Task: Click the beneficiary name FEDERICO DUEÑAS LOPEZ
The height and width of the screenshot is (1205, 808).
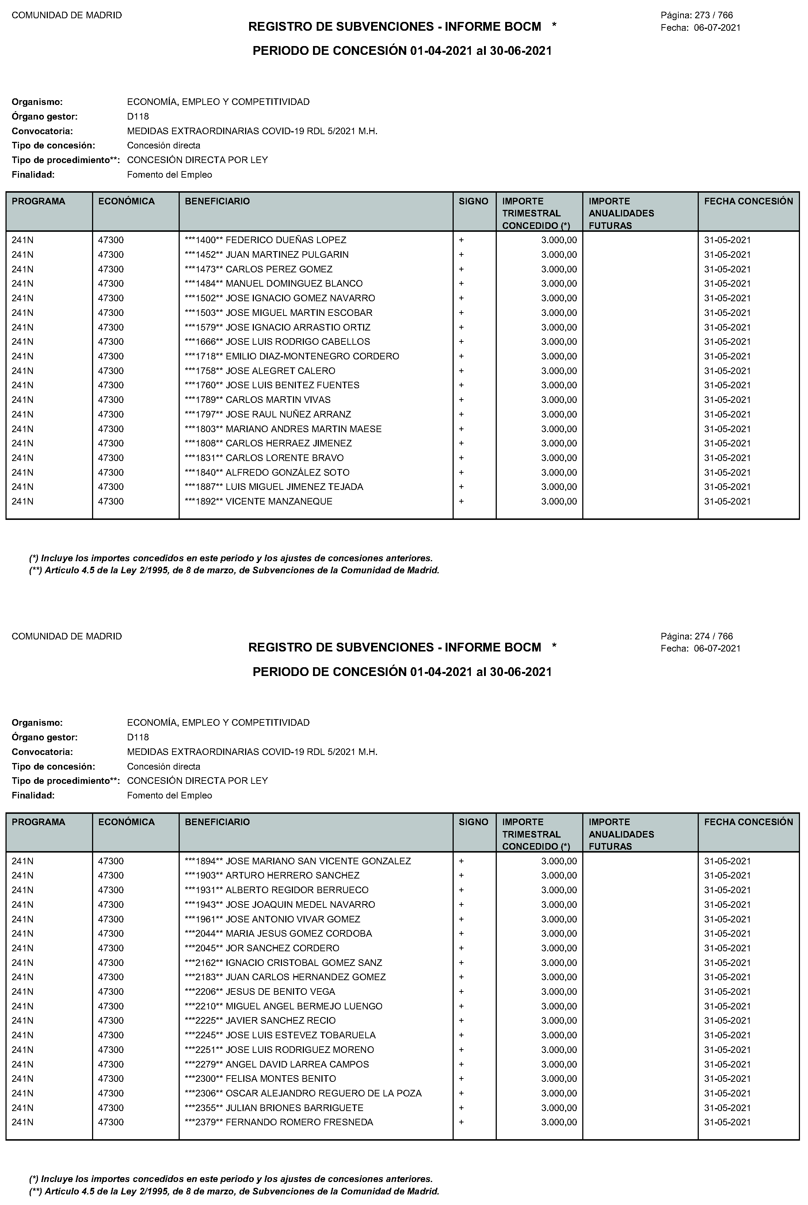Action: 286,240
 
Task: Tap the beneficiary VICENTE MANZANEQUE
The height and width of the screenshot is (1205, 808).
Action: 279,501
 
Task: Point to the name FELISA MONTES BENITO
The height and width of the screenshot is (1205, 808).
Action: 281,1079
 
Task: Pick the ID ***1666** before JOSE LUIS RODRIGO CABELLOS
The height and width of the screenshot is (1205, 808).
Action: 203,342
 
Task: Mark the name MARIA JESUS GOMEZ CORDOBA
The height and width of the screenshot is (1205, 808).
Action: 299,934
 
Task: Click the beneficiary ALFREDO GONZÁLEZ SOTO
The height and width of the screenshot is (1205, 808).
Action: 287,472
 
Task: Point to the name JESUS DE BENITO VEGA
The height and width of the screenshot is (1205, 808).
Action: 280,991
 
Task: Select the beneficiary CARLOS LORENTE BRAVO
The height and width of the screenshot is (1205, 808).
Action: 285,458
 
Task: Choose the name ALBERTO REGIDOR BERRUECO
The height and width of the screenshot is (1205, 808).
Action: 297,890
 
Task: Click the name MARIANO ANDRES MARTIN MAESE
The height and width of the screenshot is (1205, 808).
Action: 304,429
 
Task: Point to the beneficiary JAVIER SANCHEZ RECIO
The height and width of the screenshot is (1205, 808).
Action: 281,1020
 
